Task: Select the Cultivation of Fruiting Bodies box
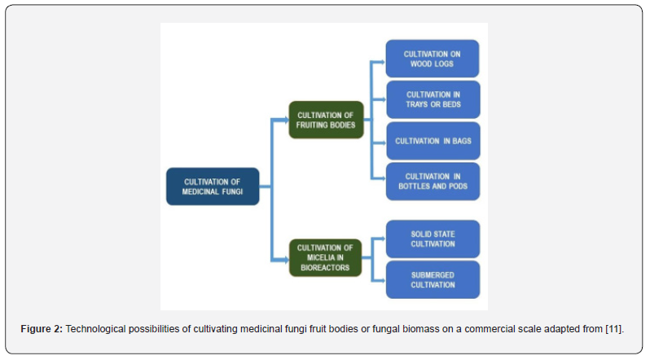326,120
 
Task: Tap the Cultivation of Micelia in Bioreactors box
326,257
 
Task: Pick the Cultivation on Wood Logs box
433,59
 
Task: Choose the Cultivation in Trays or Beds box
433,99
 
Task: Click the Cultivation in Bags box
433,141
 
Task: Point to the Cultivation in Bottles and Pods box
433,181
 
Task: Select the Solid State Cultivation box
433,239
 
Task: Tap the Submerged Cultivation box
433,279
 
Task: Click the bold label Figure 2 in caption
42,328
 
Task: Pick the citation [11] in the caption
613,328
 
